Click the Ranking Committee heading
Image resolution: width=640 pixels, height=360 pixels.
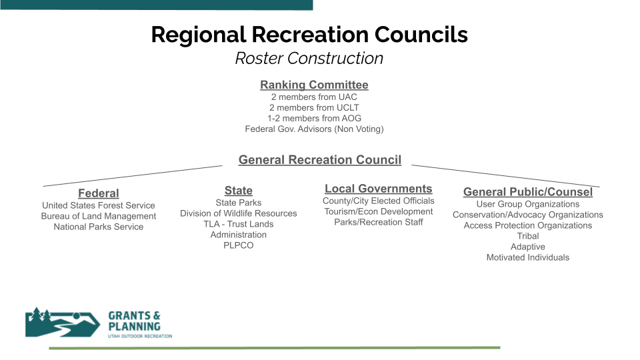click(314, 85)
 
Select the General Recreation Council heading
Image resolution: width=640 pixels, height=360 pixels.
click(320, 159)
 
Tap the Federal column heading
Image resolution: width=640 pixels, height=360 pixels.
click(99, 193)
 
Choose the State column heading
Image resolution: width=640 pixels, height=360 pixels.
click(239, 191)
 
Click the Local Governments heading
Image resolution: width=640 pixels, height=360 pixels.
click(379, 189)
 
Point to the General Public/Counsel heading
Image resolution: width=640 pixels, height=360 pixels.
click(528, 192)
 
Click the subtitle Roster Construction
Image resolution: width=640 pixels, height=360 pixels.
click(309, 59)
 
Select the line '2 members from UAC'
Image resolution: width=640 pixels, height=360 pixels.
click(314, 97)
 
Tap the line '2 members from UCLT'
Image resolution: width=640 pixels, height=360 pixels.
click(314, 108)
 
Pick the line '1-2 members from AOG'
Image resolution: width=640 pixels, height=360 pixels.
click(314, 119)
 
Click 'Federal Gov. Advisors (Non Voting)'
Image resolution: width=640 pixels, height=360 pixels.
click(314, 129)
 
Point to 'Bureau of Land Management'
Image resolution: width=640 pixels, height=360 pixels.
click(99, 216)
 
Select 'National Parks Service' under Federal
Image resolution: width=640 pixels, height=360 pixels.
click(99, 227)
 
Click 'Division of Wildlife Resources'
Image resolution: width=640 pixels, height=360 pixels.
click(239, 213)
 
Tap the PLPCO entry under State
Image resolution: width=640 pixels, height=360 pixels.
click(239, 245)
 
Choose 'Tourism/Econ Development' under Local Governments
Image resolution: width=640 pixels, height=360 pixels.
click(379, 211)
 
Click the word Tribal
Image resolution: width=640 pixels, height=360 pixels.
click(528, 236)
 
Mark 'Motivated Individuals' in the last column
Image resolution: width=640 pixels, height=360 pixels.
click(528, 257)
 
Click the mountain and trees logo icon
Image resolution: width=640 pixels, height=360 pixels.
click(63, 323)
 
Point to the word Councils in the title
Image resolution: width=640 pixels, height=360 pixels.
click(421, 34)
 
